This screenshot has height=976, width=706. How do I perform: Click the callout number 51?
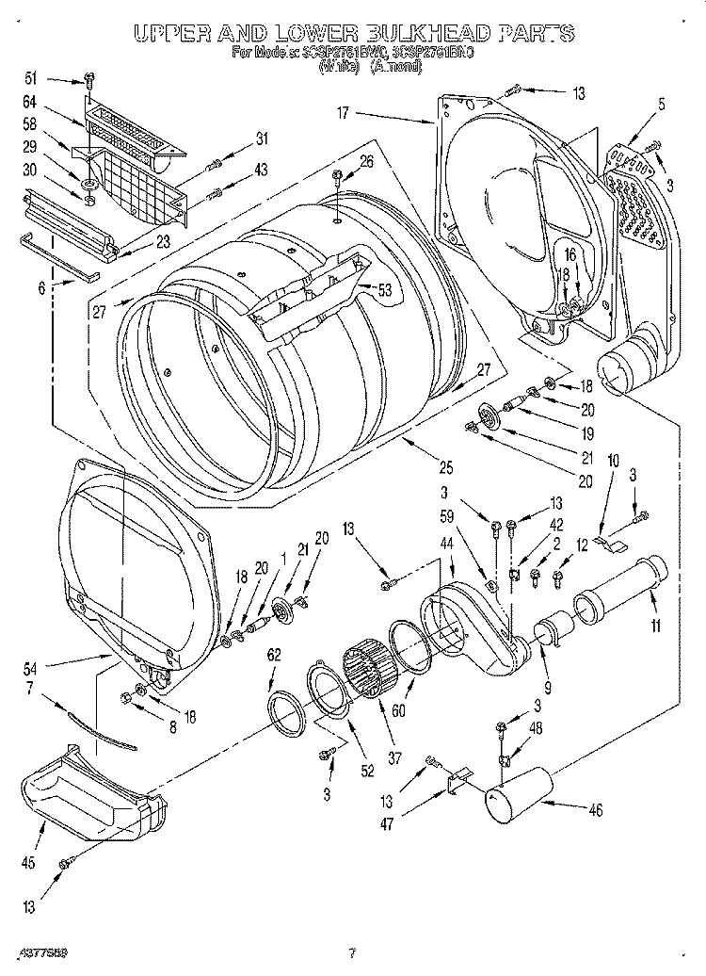pyautogui.click(x=29, y=78)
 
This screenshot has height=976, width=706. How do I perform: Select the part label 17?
pyautogui.click(x=344, y=113)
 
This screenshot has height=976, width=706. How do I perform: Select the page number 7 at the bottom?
pyautogui.click(x=351, y=952)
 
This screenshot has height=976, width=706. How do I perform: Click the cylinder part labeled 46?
pyautogui.click(x=519, y=795)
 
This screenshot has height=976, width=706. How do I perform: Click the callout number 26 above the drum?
pyautogui.click(x=365, y=162)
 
